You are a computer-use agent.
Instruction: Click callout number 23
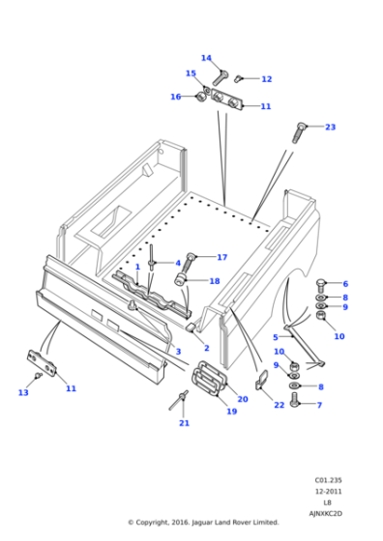click(x=330, y=128)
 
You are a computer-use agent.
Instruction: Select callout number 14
click(x=206, y=58)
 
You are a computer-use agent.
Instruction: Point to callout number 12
click(x=266, y=79)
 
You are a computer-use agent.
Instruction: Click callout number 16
click(x=175, y=97)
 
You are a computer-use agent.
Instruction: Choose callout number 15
click(x=191, y=73)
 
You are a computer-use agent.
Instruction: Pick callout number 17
click(x=221, y=257)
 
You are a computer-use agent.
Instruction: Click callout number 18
click(x=215, y=281)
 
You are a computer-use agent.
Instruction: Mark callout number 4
click(x=177, y=263)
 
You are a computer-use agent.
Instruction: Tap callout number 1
click(x=137, y=267)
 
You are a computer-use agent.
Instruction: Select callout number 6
click(x=345, y=284)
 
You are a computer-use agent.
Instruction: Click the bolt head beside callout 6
click(x=321, y=284)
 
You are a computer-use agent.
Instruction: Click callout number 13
click(x=23, y=392)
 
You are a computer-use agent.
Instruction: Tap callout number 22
click(x=279, y=404)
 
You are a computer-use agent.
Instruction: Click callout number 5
click(x=276, y=337)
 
